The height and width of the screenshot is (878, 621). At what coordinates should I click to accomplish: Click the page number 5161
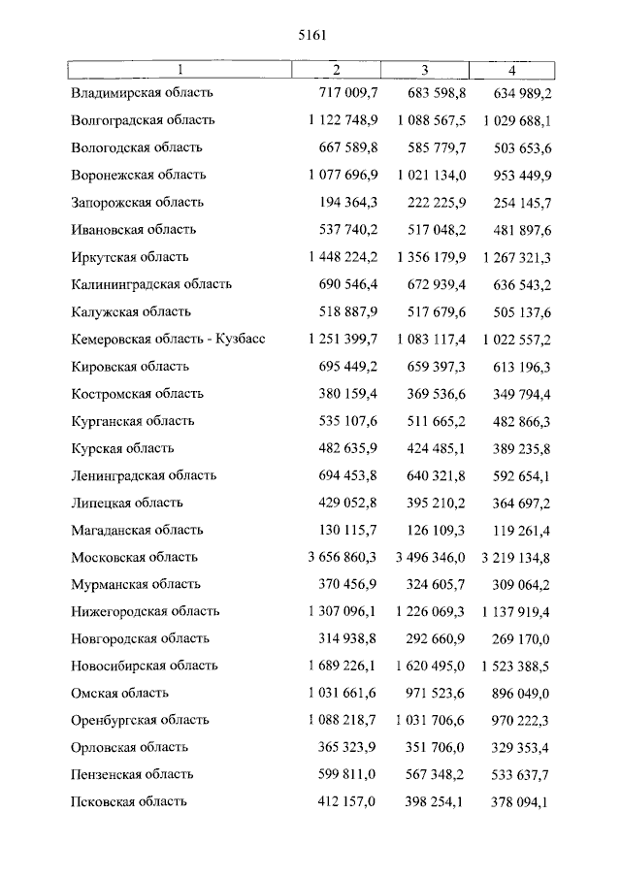pyautogui.click(x=310, y=35)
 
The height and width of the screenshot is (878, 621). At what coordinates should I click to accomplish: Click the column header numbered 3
pyautogui.click(x=424, y=70)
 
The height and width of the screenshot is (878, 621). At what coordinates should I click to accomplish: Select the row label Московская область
pyautogui.click(x=134, y=558)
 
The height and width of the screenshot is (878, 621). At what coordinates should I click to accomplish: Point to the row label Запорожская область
pyautogui.click(x=137, y=203)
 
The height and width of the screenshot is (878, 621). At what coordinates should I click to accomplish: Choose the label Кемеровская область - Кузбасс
pyautogui.click(x=168, y=340)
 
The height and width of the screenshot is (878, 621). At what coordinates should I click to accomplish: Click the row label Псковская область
pyautogui.click(x=129, y=802)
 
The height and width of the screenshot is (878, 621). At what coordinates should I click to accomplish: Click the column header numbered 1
pyautogui.click(x=180, y=70)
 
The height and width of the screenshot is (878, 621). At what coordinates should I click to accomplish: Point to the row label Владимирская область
pyautogui.click(x=142, y=93)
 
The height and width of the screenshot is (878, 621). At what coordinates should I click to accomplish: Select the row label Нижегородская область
pyautogui.click(x=146, y=612)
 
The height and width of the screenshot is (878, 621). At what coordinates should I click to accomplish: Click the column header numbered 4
pyautogui.click(x=511, y=70)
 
